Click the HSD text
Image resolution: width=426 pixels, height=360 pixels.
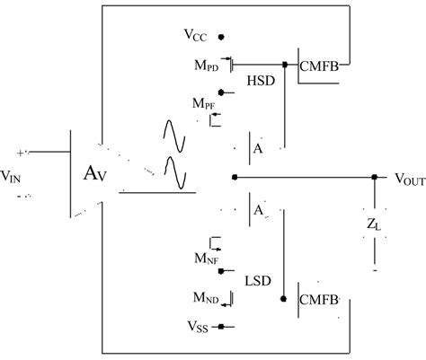[259, 80]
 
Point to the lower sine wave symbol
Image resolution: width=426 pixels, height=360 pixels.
[173, 174]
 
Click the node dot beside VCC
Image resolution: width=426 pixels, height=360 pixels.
[220, 37]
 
